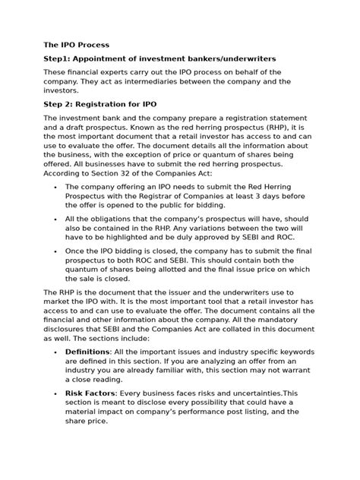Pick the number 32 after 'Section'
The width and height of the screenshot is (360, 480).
point(141,173)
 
